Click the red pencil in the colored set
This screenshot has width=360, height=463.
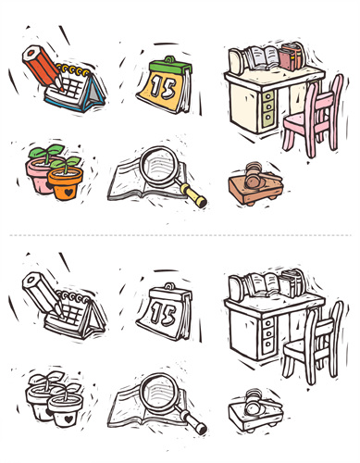(x=43, y=68)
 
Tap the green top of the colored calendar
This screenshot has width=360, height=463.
(x=170, y=67)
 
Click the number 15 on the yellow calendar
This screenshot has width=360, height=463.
(x=163, y=87)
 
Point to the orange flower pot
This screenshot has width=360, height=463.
(x=66, y=182)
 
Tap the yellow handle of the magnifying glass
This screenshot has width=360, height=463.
(x=193, y=195)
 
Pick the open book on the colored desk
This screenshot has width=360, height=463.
(x=262, y=57)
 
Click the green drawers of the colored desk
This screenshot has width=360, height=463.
(x=267, y=107)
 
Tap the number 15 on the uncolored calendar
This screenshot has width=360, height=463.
(x=163, y=314)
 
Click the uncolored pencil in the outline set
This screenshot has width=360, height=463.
(x=43, y=294)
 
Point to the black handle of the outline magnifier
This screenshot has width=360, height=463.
(x=193, y=422)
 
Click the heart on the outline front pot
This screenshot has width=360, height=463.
(x=69, y=419)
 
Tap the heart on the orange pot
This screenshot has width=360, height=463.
(x=69, y=193)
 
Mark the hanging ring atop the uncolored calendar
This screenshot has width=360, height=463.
(x=168, y=286)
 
